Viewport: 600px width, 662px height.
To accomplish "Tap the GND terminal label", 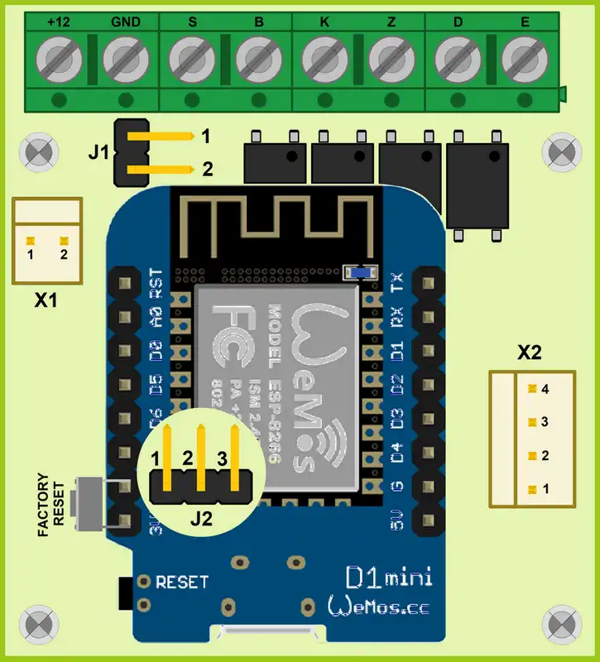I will tap(126, 22).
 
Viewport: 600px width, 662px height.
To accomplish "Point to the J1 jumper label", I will tap(98, 151).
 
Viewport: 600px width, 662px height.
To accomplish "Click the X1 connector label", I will tap(46, 302).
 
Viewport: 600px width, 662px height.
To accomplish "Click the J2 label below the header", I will tap(201, 520).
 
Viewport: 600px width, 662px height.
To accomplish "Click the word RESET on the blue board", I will tap(182, 582).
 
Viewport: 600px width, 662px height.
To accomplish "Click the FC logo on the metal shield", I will tap(233, 337).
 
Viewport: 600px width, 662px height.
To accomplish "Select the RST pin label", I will tap(155, 282).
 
